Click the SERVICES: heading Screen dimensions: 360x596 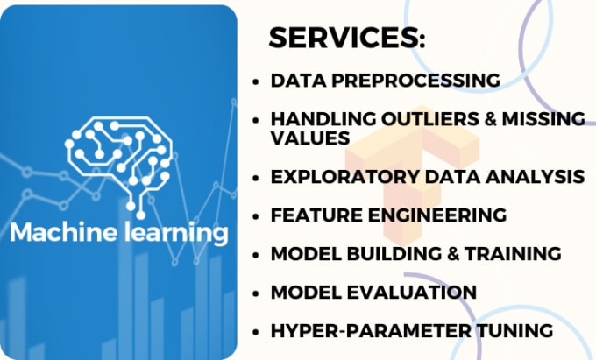point(346,38)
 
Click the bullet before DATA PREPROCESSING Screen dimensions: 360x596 point(255,81)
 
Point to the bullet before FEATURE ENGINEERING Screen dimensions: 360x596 point(255,215)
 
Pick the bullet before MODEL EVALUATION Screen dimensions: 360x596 point(255,293)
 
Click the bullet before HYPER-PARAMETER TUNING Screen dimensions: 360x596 point(255,331)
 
